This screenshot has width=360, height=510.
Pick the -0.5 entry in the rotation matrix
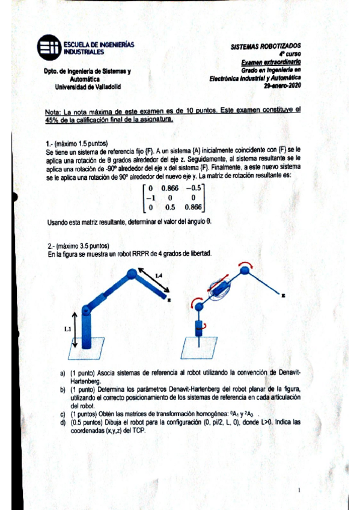coord(192,187)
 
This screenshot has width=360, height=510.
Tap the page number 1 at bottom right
coord(299,491)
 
